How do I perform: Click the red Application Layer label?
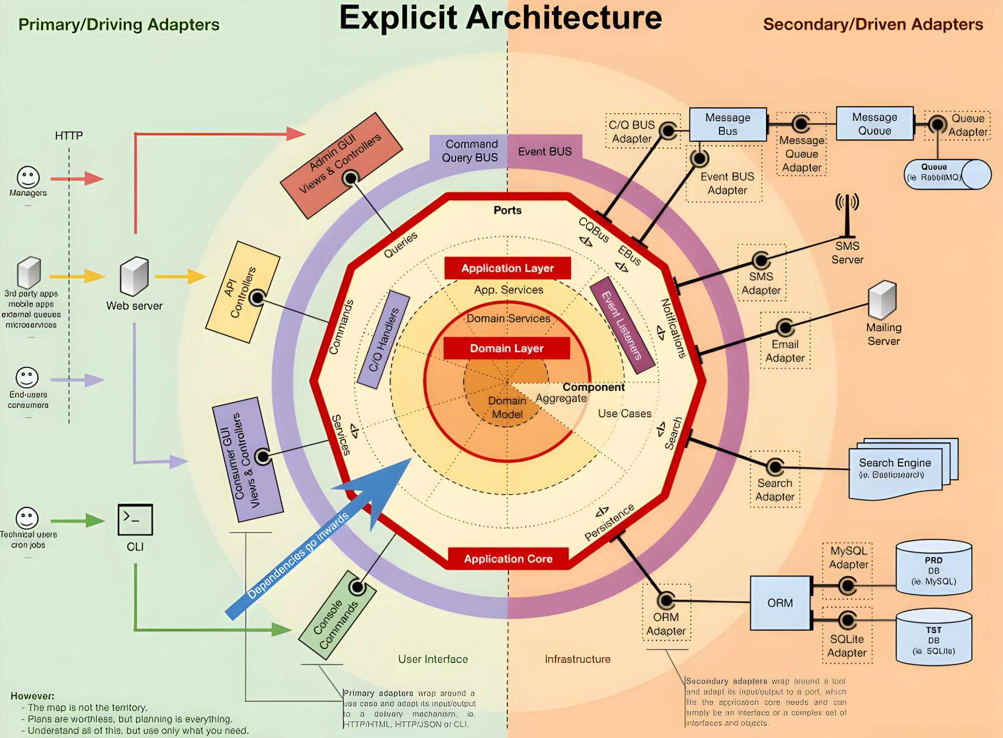coord(507,268)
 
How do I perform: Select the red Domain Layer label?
coord(506,348)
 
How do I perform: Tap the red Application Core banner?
coord(508,559)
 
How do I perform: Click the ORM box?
coord(780,603)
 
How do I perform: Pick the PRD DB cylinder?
coord(933,569)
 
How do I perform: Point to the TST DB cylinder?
coord(933,638)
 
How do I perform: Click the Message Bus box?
coord(728,124)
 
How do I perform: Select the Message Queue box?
coord(875,124)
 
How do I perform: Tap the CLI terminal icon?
coord(135,520)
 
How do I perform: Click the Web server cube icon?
coord(134,276)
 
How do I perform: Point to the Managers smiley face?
coord(28,177)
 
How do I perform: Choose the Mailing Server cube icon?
coord(882,300)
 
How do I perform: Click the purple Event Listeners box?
coord(622,325)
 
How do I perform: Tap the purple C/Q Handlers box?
coord(383,339)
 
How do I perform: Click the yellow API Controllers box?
coord(243,292)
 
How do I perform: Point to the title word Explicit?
coord(398,18)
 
